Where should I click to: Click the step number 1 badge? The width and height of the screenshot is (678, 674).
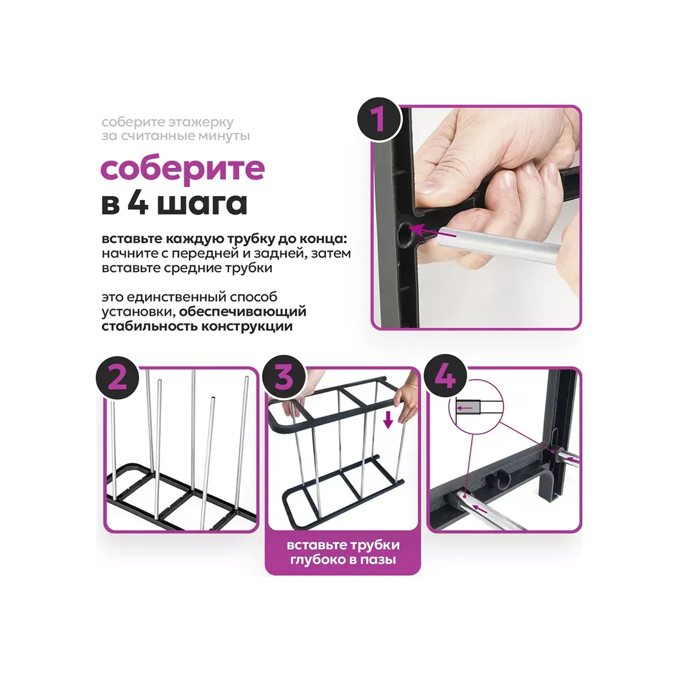pyautogui.click(x=380, y=119)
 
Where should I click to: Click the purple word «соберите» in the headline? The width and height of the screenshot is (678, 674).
pyautogui.click(x=183, y=170)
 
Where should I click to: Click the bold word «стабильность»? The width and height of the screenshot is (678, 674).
pyautogui.click(x=149, y=327)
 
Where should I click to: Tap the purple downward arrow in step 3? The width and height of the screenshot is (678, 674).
pyautogui.click(x=388, y=421)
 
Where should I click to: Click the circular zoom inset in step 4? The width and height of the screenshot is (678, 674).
pyautogui.click(x=476, y=407)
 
